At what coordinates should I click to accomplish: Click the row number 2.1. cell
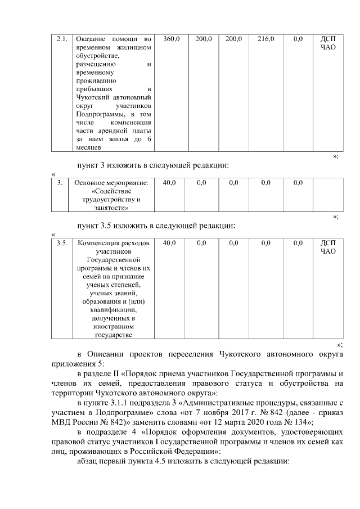[61, 39]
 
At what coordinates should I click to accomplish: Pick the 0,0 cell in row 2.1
[298, 39]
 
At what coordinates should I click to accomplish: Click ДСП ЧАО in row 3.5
[327, 247]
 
